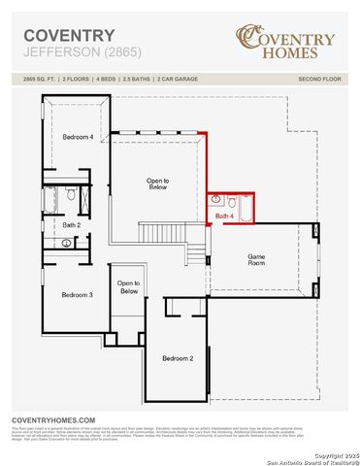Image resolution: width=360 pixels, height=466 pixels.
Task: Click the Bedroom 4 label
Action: pyautogui.click(x=78, y=138)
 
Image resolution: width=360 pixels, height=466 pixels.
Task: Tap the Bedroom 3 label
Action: pyautogui.click(x=77, y=294)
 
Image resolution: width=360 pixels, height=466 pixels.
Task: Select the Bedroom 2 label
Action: pyautogui.click(x=178, y=359)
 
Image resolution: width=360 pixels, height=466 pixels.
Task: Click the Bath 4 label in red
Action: pyautogui.click(x=224, y=216)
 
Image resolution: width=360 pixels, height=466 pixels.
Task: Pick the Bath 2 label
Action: pyautogui.click(x=72, y=224)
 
